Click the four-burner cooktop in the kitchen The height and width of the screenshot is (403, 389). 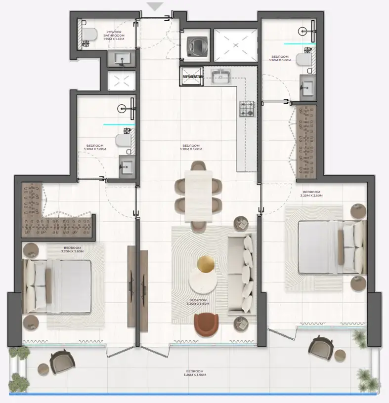pos(247,109)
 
